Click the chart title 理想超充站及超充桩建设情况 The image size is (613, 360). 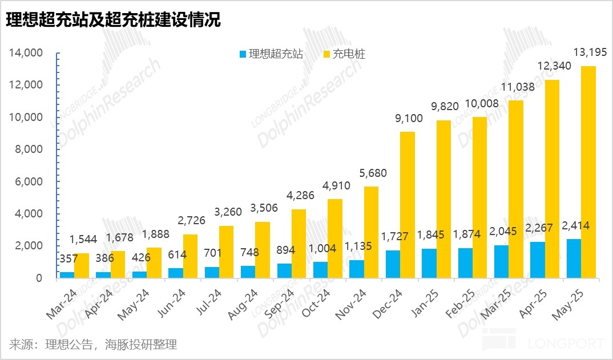click(x=113, y=21)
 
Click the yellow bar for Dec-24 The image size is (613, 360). click(x=408, y=205)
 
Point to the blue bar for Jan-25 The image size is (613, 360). click(x=429, y=264)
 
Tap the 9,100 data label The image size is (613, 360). click(x=406, y=119)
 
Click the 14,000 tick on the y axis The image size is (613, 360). click(x=26, y=53)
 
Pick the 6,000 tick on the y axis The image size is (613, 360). click(x=29, y=181)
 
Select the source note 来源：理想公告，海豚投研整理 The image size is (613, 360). click(x=94, y=345)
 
